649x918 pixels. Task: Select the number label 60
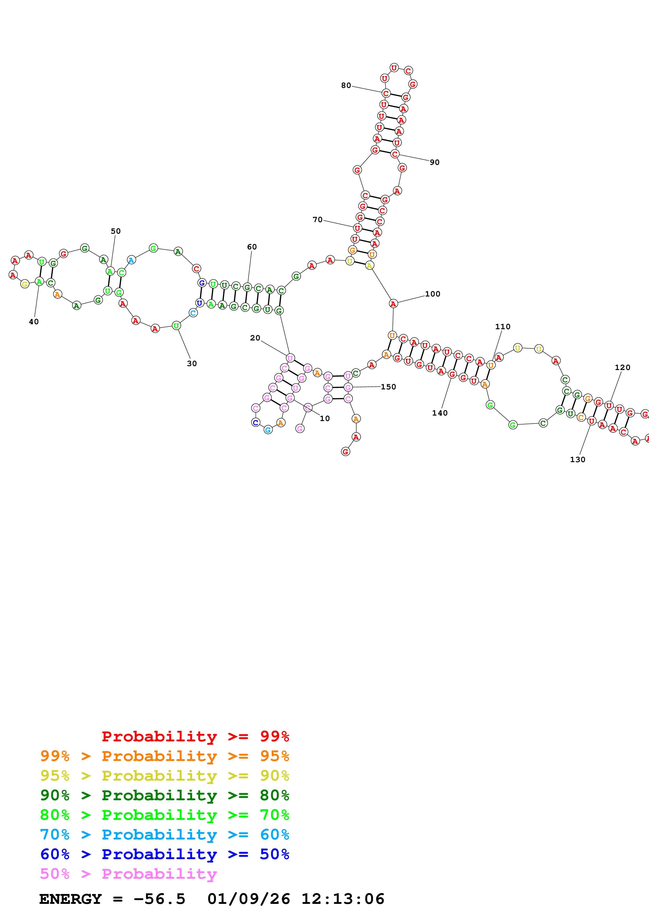(252, 247)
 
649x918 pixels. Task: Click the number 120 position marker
(622, 367)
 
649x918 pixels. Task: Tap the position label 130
(578, 460)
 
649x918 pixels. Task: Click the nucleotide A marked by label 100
(393, 304)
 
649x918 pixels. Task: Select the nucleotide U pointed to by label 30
(176, 326)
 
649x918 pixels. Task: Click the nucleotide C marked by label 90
(395, 154)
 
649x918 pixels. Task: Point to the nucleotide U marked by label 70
(357, 228)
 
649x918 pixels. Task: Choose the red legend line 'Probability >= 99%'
(195, 736)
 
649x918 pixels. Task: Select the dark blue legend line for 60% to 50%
(164, 854)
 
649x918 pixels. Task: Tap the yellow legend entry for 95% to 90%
(164, 775)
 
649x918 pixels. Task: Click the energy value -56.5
(159, 899)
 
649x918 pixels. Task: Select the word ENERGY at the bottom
(70, 899)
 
